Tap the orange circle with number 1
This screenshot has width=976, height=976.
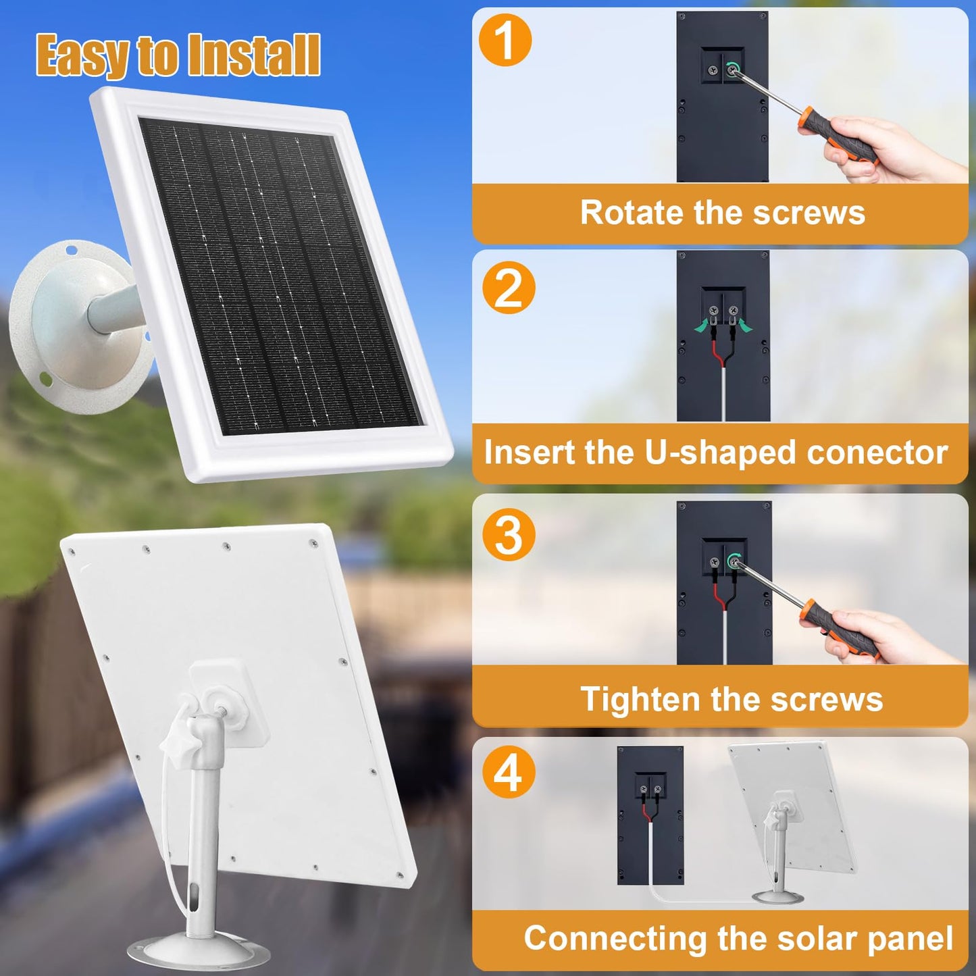pyautogui.click(x=505, y=40)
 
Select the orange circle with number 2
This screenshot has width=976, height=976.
pyautogui.click(x=509, y=288)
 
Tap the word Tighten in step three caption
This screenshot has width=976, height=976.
pyautogui.click(x=640, y=699)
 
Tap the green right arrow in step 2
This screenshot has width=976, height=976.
pyautogui.click(x=744, y=326)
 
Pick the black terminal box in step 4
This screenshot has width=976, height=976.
pyautogui.click(x=650, y=815)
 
